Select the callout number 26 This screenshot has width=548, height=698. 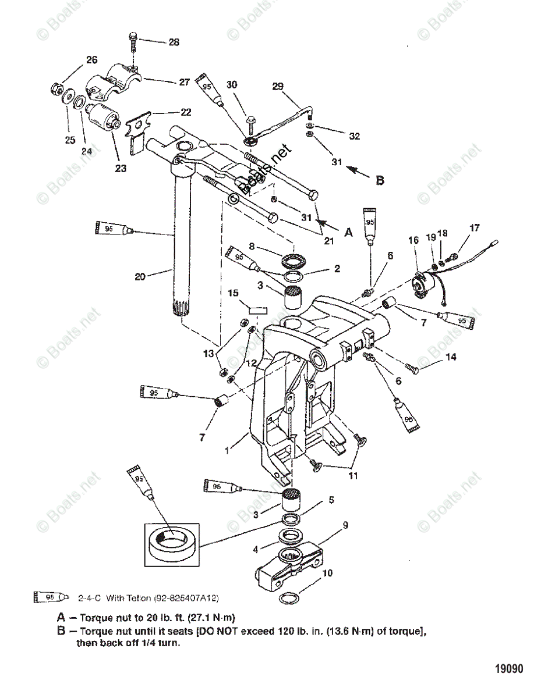point(92,59)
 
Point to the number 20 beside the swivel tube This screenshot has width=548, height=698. point(140,277)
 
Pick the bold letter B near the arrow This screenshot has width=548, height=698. point(380,180)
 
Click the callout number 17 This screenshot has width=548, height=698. point(475,227)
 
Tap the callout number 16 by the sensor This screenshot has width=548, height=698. point(413,239)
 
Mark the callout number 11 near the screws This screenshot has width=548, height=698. point(353,475)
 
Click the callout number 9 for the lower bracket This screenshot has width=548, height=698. point(345,525)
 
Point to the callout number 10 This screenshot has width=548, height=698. point(327,573)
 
